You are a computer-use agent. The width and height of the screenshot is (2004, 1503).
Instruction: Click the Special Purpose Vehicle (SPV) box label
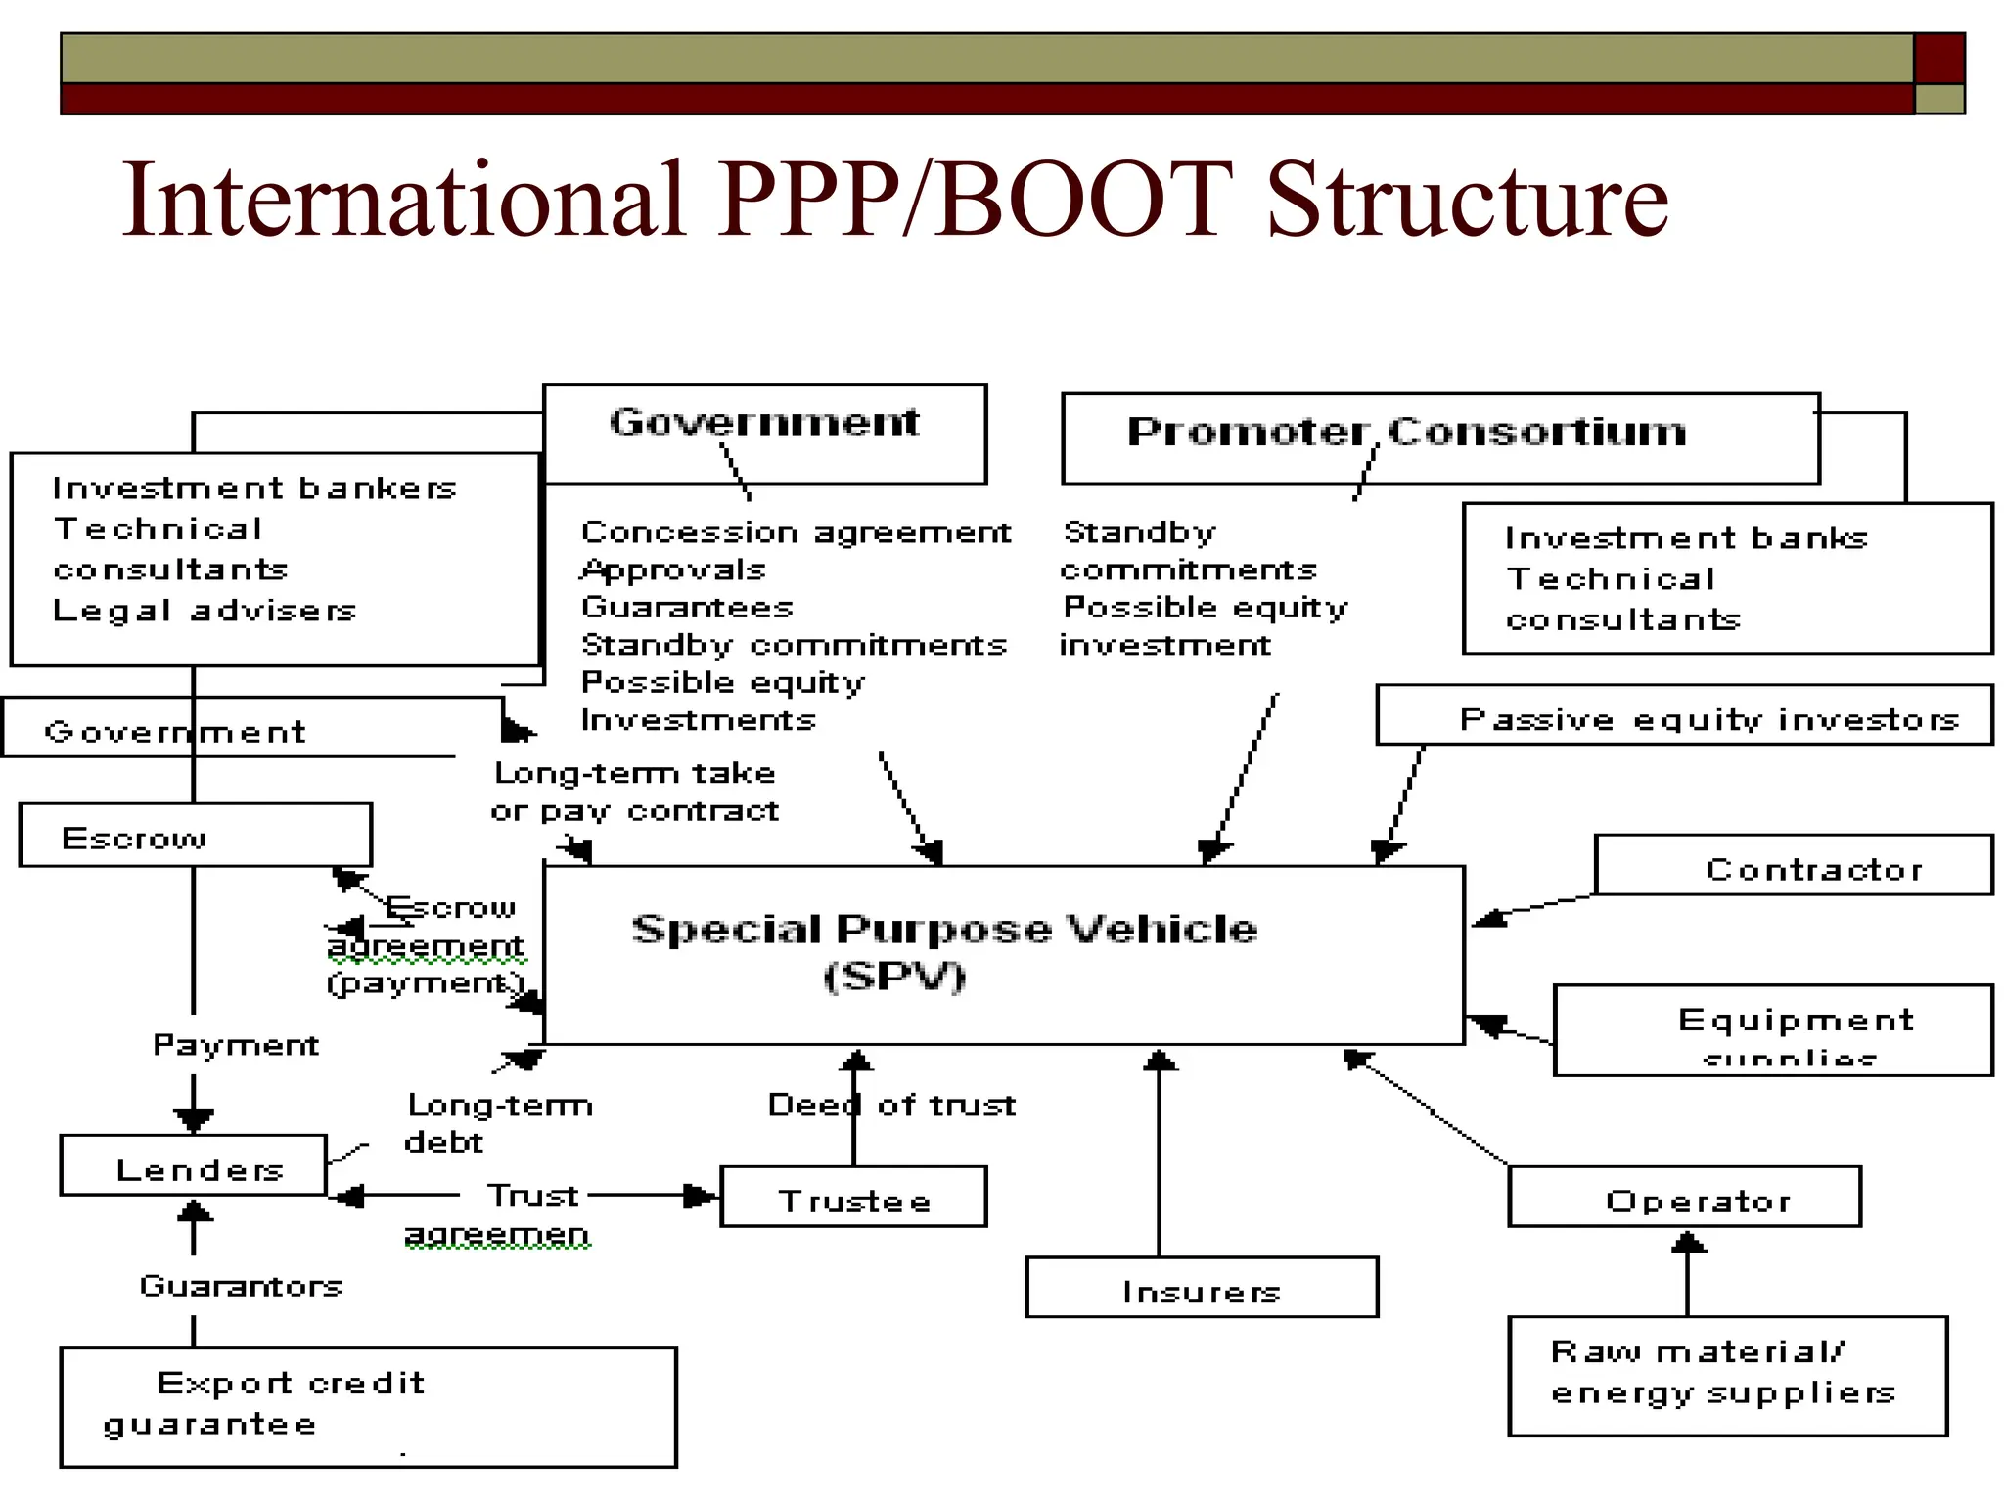click(943, 952)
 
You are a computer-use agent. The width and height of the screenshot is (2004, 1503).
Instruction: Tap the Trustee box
click(853, 1197)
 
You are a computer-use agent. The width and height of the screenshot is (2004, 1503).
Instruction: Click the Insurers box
click(1202, 1289)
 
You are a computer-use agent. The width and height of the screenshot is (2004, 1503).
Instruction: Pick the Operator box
click(1684, 1197)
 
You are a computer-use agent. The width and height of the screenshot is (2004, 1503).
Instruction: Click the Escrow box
click(195, 836)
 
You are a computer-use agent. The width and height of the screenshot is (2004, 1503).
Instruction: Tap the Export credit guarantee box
click(368, 1407)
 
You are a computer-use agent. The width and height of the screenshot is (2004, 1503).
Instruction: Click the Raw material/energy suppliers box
click(1727, 1376)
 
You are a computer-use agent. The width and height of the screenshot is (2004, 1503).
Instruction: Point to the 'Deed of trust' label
click(891, 1105)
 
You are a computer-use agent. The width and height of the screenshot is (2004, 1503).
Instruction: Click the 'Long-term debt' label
click(499, 1123)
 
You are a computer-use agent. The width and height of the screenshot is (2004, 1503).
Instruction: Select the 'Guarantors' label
click(241, 1286)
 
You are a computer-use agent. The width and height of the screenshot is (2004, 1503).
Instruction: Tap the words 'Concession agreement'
click(795, 532)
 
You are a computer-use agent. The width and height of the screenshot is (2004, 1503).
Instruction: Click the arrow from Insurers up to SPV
click(1160, 1155)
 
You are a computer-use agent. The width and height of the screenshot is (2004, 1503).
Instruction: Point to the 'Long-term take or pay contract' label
click(635, 792)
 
